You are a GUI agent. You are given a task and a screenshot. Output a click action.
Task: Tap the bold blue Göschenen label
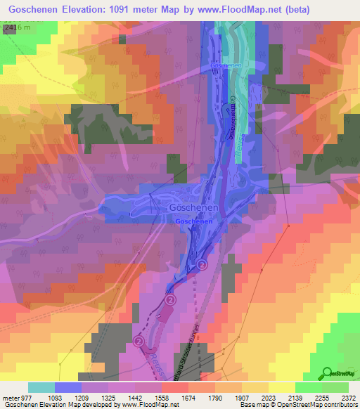[194, 221]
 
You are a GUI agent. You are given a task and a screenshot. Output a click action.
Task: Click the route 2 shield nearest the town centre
[202, 264]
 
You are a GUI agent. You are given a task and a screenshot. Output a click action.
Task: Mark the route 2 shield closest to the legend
[139, 341]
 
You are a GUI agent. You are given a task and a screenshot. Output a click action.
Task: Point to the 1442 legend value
[148, 397]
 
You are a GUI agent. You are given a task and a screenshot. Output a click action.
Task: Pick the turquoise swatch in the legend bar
[41, 387]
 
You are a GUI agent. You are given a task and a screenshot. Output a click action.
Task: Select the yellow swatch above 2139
[282, 387]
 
